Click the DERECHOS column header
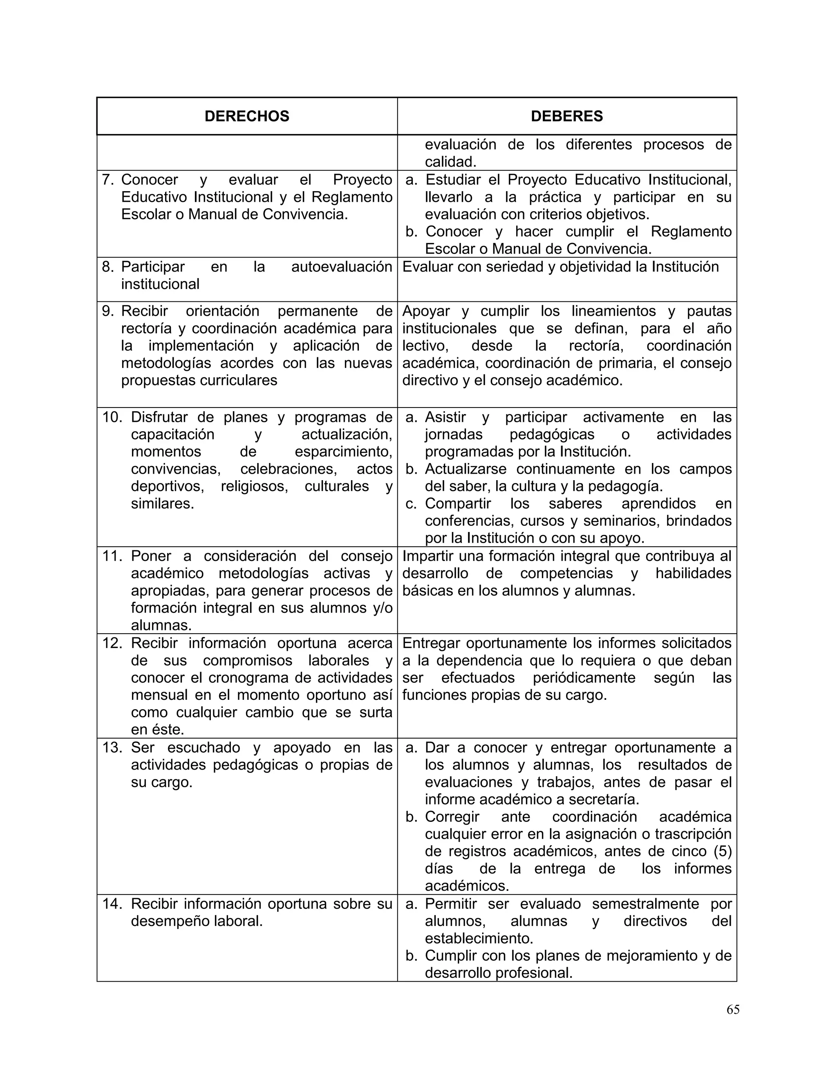click(x=246, y=116)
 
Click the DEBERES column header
click(x=566, y=116)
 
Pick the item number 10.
click(x=112, y=417)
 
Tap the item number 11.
click(x=112, y=556)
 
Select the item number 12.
click(x=112, y=643)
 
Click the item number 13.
click(x=112, y=747)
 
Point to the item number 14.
click(x=112, y=904)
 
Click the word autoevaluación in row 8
click(x=342, y=267)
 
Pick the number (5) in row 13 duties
click(x=723, y=851)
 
